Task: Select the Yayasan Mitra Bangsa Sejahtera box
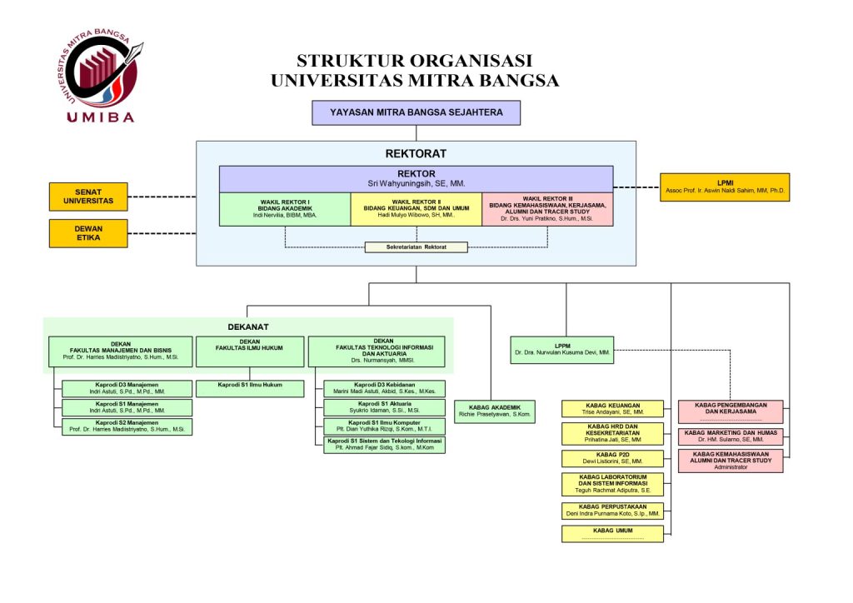coord(416,112)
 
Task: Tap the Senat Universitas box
coord(88,197)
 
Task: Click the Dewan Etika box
coord(88,233)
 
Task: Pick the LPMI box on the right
coord(725,187)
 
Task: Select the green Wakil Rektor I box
coord(285,209)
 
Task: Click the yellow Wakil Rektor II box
coord(416,209)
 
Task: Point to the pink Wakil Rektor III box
coord(547,209)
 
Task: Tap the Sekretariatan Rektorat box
coord(416,247)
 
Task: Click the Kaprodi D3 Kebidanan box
coord(384,388)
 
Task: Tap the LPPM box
coord(561,349)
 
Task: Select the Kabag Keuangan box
coord(612,408)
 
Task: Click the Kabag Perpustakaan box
coord(612,511)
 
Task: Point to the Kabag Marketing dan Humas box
coord(730,436)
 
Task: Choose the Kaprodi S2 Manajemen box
coord(127,426)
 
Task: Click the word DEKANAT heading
coord(247,326)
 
